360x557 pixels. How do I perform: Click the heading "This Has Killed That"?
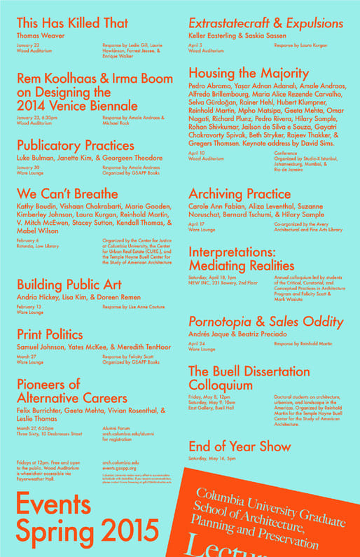(72, 23)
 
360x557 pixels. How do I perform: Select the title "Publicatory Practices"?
(75, 146)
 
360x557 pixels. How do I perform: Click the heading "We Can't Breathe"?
(67, 193)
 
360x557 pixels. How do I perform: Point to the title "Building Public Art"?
(69, 284)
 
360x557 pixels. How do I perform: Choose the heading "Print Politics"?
(50, 334)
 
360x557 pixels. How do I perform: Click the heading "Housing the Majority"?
(249, 74)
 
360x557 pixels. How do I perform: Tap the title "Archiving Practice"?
(240, 193)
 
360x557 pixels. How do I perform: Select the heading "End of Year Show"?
(240, 446)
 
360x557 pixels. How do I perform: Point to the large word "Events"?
(53, 504)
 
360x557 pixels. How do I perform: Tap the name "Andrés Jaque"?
(212, 334)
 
